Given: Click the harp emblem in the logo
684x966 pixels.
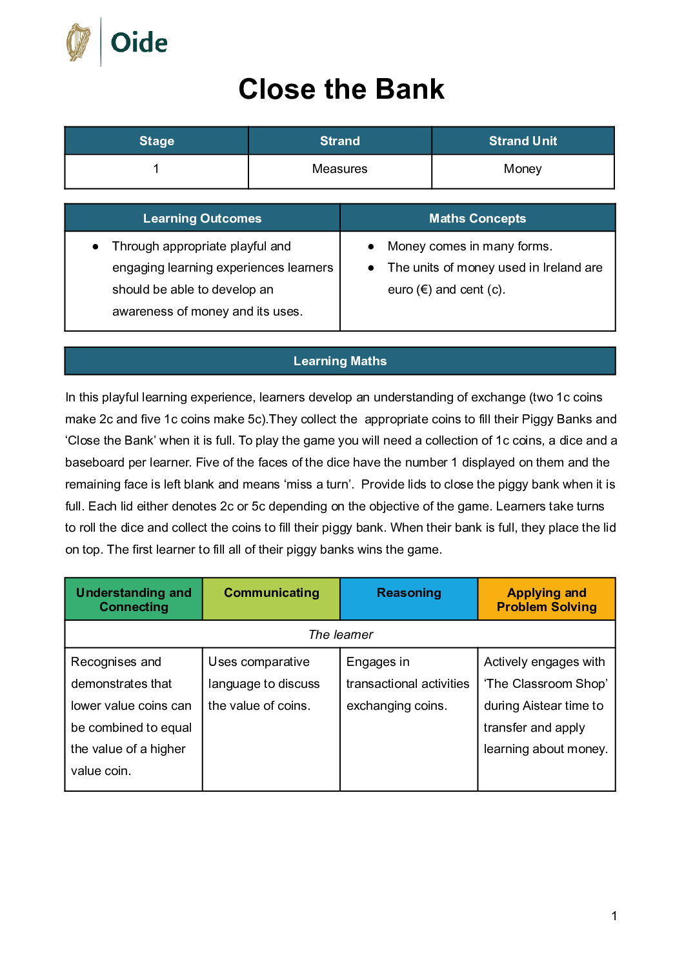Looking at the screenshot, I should point(79,43).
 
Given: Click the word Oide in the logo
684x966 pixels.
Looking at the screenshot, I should point(139,43).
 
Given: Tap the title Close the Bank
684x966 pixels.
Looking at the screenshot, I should point(341,89).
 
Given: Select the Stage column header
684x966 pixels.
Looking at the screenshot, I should point(157,141).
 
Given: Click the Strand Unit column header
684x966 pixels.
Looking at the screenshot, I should point(523,141).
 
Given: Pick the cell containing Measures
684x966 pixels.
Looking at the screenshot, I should point(339,169).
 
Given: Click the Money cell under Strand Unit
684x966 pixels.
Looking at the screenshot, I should point(523,169).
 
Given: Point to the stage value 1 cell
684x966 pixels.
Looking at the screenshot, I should point(156,169).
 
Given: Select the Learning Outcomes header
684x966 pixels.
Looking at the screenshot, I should point(202,218).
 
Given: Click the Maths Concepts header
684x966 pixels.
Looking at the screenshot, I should point(478,218).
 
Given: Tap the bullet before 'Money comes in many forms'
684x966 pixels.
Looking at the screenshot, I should point(371,247).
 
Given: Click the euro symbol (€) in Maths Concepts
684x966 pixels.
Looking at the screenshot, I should point(424,290).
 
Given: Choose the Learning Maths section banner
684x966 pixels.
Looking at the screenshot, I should point(340,361).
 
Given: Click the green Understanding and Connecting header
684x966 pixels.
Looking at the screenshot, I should point(134,599).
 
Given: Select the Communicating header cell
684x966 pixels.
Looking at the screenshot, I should point(272,593).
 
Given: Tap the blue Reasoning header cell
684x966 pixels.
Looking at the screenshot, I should point(409,593).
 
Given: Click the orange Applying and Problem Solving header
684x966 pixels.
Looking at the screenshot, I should point(547,599).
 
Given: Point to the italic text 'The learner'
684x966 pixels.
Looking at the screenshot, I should point(341,634).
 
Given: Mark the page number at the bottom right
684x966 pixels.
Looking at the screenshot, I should point(614,916).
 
